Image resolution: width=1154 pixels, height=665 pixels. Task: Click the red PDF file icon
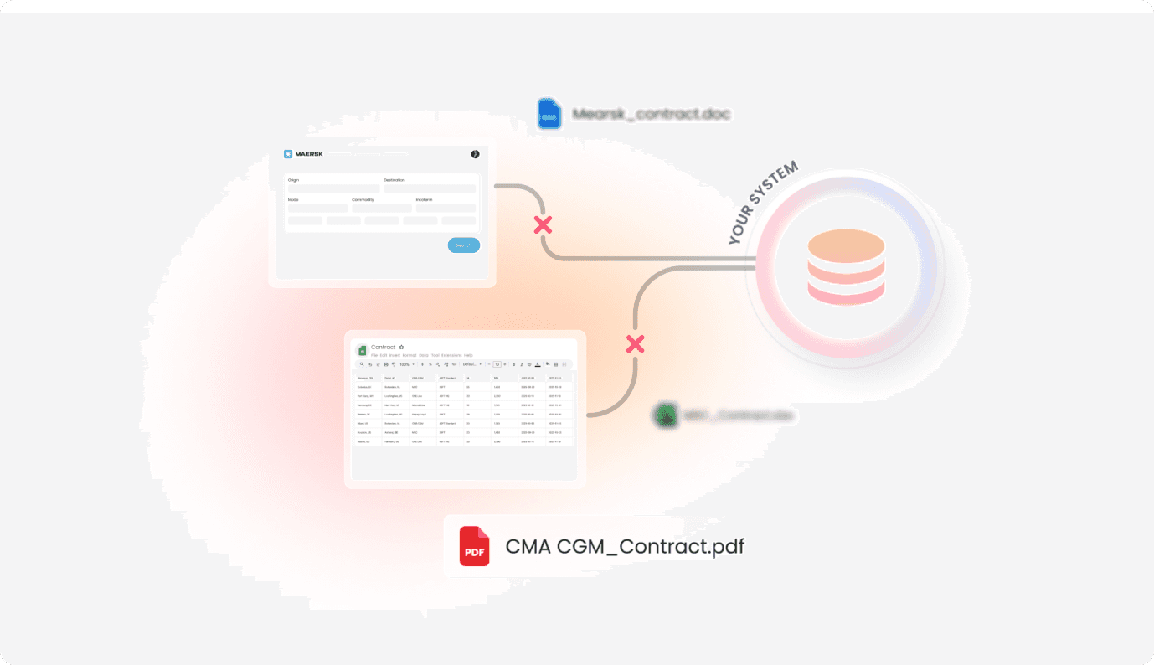[474, 546]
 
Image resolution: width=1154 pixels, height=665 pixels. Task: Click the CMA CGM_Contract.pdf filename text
[624, 547]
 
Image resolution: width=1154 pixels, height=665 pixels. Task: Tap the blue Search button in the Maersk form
[464, 245]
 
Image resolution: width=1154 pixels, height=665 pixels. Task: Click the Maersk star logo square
[288, 154]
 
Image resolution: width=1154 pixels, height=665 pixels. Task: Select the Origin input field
[333, 188]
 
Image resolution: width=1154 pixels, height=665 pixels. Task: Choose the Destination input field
[430, 188]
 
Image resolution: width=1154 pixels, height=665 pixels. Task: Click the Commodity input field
[381, 208]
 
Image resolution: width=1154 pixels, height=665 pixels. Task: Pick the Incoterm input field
[446, 208]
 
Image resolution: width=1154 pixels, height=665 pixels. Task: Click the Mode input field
[317, 208]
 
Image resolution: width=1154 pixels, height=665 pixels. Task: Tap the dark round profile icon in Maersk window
[475, 154]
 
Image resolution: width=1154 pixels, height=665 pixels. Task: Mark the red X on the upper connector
[544, 224]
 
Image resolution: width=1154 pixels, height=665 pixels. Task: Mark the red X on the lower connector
[636, 343]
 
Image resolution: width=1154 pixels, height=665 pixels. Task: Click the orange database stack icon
[846, 267]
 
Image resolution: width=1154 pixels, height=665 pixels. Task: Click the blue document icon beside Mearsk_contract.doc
[549, 115]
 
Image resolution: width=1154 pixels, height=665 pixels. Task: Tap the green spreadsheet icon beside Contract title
[363, 350]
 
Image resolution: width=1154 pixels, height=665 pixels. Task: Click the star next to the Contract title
[402, 347]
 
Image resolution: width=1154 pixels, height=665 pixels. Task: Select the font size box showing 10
[497, 364]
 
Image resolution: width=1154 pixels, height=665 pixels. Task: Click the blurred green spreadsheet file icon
[666, 415]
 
